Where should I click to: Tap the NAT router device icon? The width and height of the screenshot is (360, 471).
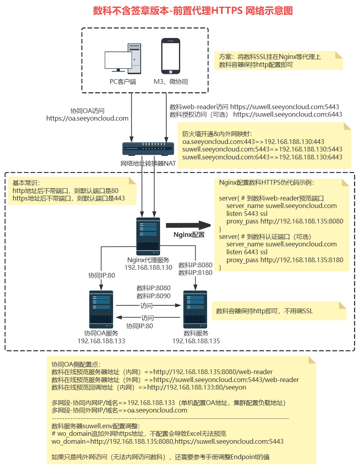pos(148,148)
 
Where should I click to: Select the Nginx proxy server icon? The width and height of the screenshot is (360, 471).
pos(148,236)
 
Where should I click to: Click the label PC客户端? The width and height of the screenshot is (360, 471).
pos(123,82)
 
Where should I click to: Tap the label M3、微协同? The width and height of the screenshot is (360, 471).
pos(171,82)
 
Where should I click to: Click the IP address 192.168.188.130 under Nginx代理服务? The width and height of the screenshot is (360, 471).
pos(148,267)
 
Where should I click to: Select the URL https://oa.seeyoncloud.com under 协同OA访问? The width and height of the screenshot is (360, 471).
pos(87,118)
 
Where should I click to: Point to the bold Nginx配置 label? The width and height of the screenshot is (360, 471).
pos(189,235)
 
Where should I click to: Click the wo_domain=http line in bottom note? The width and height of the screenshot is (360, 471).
pos(168,441)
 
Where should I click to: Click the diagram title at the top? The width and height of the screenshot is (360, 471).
pos(193,11)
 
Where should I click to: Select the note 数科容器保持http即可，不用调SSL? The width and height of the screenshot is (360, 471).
pos(264,311)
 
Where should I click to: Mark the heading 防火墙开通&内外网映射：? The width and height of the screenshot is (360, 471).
pos(217,134)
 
